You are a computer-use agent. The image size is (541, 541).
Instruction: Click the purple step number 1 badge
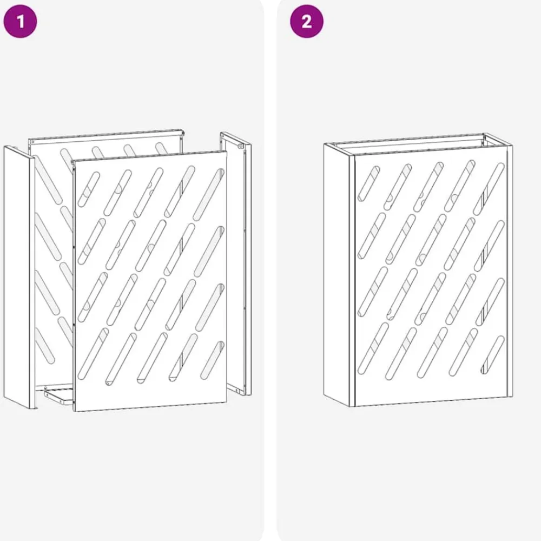click(x=20, y=22)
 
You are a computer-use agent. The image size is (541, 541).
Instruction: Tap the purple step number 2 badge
click(x=307, y=22)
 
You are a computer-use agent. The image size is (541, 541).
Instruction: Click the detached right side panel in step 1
click(x=236, y=263)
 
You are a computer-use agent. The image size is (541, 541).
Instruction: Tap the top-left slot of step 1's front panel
click(x=89, y=189)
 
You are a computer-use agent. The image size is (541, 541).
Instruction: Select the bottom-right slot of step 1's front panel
click(x=212, y=360)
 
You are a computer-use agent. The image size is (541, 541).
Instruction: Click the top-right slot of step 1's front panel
click(x=209, y=194)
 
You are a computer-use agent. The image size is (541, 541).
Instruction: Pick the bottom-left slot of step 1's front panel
click(x=93, y=354)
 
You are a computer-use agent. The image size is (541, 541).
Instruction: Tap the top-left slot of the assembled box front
click(x=368, y=183)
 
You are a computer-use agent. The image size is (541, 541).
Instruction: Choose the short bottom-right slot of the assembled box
click(x=493, y=355)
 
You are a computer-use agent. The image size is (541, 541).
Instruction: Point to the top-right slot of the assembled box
click(x=489, y=189)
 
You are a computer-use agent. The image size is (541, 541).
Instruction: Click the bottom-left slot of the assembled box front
click(x=373, y=348)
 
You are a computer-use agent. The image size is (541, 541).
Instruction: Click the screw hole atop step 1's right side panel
click(x=241, y=146)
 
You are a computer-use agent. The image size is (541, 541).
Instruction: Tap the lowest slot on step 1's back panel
click(x=44, y=346)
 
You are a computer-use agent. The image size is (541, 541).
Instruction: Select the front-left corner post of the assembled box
click(x=352, y=280)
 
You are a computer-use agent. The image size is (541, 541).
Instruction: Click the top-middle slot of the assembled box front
click(x=428, y=187)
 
